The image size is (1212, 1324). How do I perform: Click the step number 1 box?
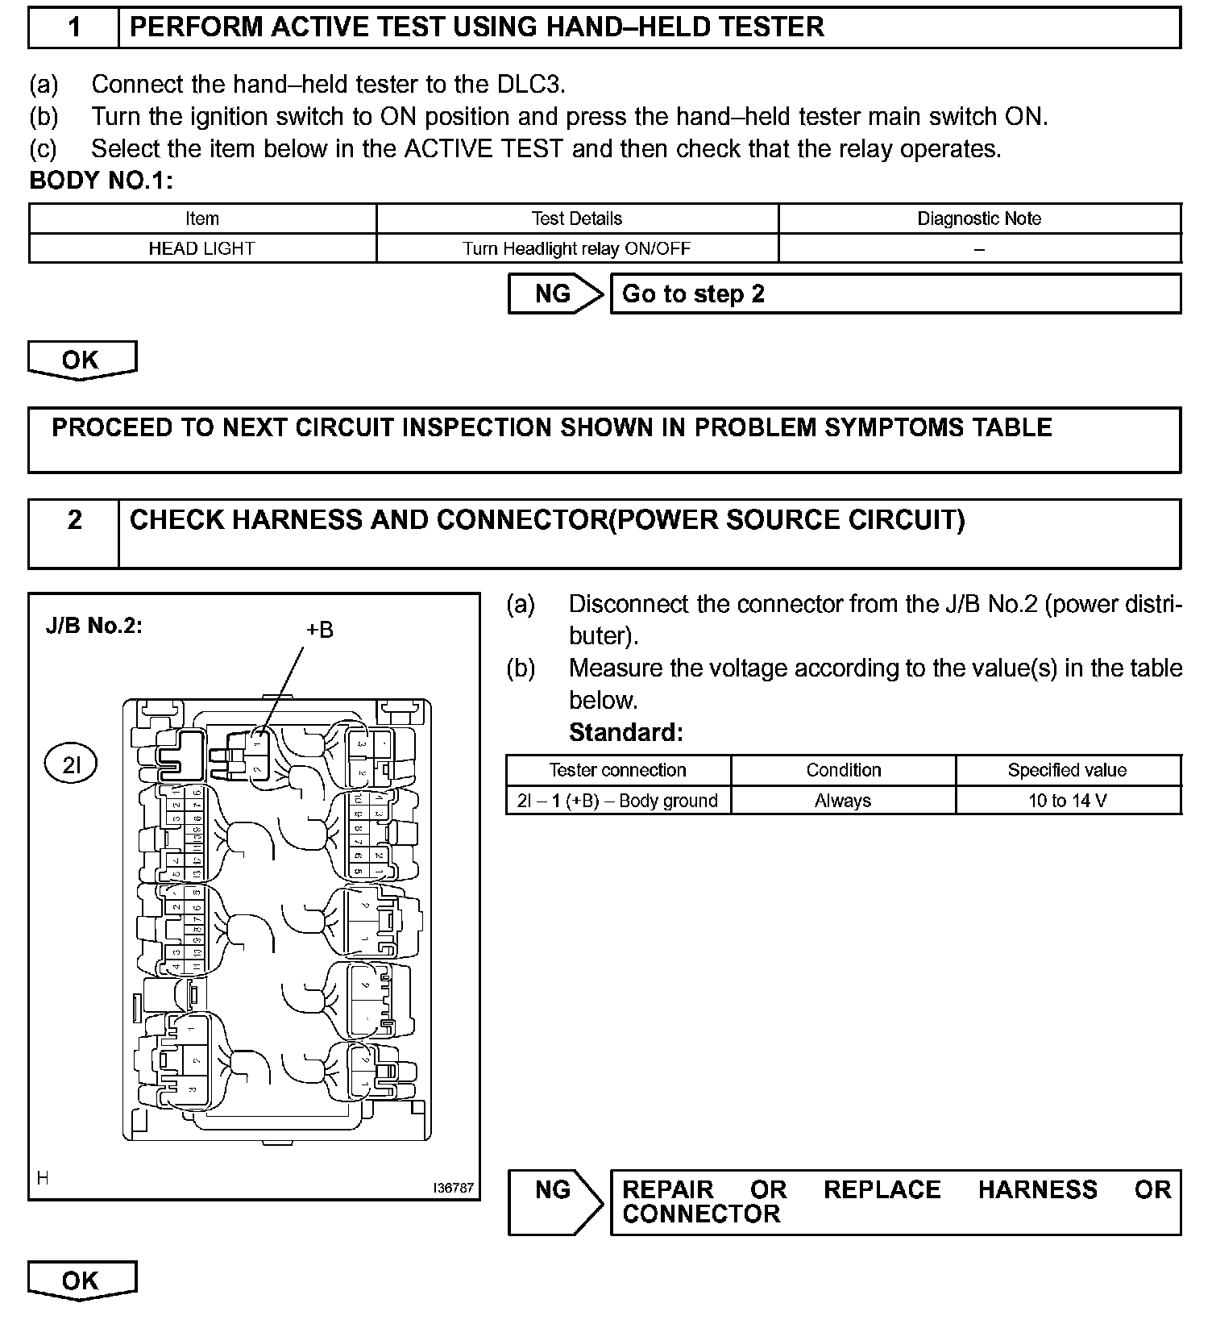point(74,27)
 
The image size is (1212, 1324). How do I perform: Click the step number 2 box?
point(74,533)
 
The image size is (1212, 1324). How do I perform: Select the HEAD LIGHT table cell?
point(201,248)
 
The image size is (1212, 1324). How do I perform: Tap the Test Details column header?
point(577,219)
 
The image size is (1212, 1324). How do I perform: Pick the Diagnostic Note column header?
point(979,219)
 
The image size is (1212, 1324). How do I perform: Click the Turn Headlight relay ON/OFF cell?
point(577,248)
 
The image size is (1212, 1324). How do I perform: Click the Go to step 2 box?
point(894,294)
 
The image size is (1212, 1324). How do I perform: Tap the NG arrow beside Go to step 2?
point(554,294)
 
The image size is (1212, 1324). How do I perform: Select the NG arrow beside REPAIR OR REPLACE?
point(554,1201)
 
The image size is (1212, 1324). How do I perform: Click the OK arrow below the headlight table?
point(81,360)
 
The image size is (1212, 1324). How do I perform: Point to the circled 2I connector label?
point(72,764)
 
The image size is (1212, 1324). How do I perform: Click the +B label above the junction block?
point(319,630)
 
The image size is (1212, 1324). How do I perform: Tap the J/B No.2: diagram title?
point(94,626)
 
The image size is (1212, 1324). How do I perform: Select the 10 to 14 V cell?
point(1067,801)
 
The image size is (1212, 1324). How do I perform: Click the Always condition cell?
point(843,801)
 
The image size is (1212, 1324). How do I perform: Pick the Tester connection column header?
point(617,770)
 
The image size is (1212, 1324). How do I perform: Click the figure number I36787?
point(453,1188)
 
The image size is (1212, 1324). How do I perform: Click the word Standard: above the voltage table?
point(625,732)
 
